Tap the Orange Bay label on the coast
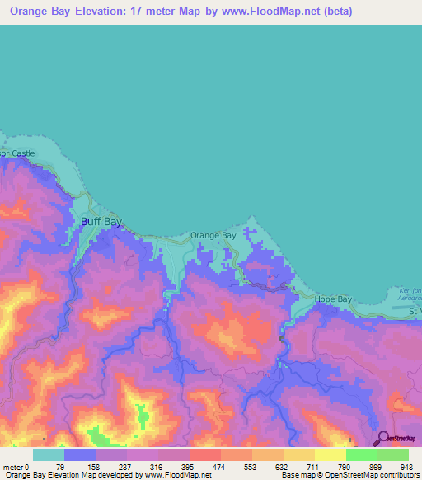coord(213,235)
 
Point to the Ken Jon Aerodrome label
coord(408,295)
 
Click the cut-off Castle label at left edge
coord(18,153)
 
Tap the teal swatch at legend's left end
coord(48,454)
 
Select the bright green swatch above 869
coord(361,454)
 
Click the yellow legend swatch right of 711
coord(330,454)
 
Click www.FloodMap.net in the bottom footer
coord(177,475)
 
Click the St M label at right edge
coord(414,312)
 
